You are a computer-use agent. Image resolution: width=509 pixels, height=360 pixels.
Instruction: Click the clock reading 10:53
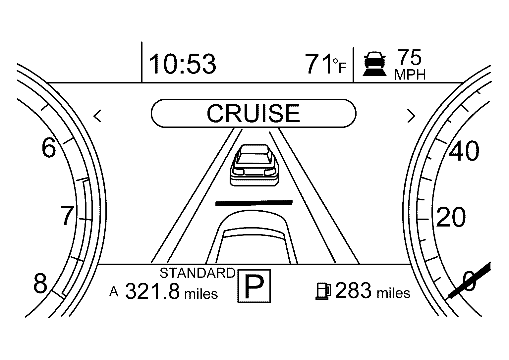(182, 64)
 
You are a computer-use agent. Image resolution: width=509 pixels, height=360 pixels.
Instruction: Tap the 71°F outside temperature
(325, 64)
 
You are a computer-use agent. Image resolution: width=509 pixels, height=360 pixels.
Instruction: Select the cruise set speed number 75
(410, 57)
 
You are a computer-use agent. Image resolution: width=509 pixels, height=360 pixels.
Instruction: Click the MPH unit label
(410, 75)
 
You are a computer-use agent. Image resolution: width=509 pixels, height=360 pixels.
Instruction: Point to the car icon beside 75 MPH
(374, 64)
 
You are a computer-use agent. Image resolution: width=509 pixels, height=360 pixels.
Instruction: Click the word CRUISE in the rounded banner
(254, 113)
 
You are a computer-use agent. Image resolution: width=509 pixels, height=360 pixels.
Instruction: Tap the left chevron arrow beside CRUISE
(97, 116)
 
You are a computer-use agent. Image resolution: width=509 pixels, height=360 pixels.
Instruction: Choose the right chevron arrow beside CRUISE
(411, 116)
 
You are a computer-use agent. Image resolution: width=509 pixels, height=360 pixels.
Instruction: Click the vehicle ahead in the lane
(254, 165)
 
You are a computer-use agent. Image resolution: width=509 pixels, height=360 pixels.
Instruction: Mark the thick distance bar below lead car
(254, 203)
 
